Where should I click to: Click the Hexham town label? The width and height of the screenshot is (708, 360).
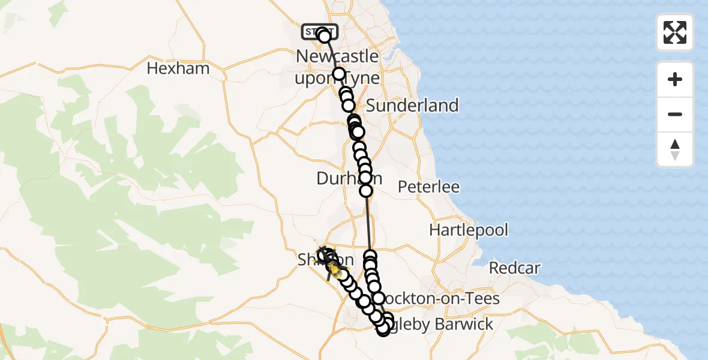178,68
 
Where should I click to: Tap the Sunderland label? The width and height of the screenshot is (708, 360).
412,106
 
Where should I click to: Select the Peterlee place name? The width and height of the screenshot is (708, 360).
429,187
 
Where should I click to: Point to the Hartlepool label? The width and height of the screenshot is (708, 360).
469,230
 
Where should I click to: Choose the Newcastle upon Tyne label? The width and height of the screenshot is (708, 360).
338,67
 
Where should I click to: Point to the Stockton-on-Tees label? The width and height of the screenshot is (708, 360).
441,298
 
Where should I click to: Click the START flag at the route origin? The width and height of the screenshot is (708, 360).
319,31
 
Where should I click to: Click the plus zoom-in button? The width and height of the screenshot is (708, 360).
675,79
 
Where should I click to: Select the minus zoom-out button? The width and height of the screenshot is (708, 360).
675,114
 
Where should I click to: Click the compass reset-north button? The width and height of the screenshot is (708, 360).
675,149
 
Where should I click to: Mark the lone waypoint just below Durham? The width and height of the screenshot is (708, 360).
365,191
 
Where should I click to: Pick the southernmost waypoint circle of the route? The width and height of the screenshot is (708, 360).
383,329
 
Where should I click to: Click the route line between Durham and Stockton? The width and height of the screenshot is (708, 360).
368,222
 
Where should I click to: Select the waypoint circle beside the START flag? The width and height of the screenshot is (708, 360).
325,37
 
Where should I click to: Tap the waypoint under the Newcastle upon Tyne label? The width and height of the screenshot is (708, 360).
339,74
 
